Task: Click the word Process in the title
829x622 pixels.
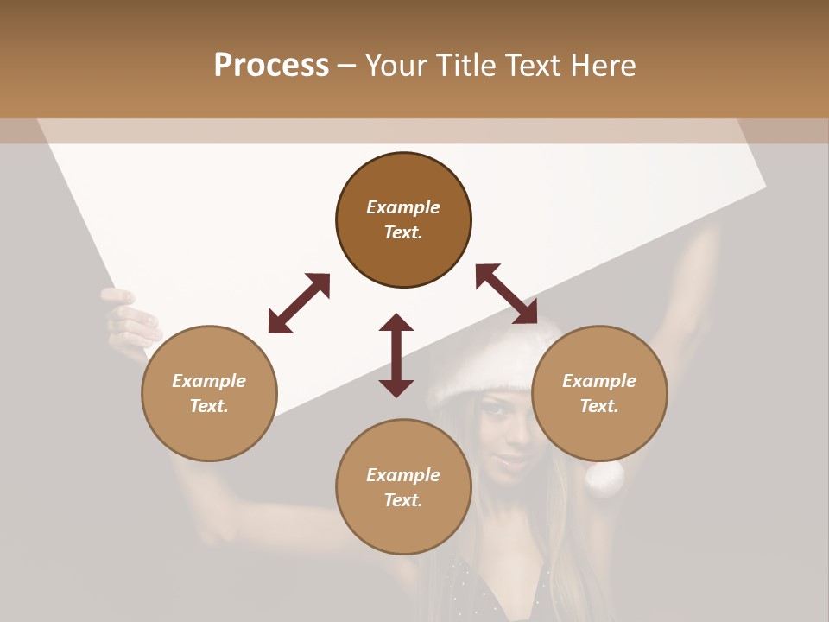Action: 271,66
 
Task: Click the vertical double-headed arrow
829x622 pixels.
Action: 396,355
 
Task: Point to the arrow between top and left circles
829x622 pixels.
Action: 299,303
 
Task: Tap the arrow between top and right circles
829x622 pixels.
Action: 506,295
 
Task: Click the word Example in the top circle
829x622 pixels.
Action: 403,207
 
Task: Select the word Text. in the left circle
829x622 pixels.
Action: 209,406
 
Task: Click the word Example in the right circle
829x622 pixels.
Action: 599,381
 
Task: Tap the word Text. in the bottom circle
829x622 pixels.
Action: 403,500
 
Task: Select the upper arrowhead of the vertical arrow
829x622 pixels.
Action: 396,323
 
